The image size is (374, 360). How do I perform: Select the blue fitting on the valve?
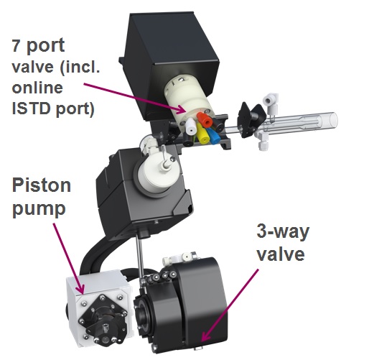(x=213, y=136)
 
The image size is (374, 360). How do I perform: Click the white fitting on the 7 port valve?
(x=191, y=126)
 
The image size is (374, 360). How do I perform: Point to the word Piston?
(x=42, y=185)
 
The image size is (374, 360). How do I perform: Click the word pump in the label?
(x=39, y=209)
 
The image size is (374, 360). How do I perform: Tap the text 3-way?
(x=283, y=231)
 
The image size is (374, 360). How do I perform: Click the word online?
(x=37, y=88)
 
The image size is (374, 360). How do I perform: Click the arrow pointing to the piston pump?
(x=68, y=259)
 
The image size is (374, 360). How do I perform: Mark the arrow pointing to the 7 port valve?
(x=135, y=98)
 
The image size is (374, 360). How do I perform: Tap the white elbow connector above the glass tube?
(x=271, y=103)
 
